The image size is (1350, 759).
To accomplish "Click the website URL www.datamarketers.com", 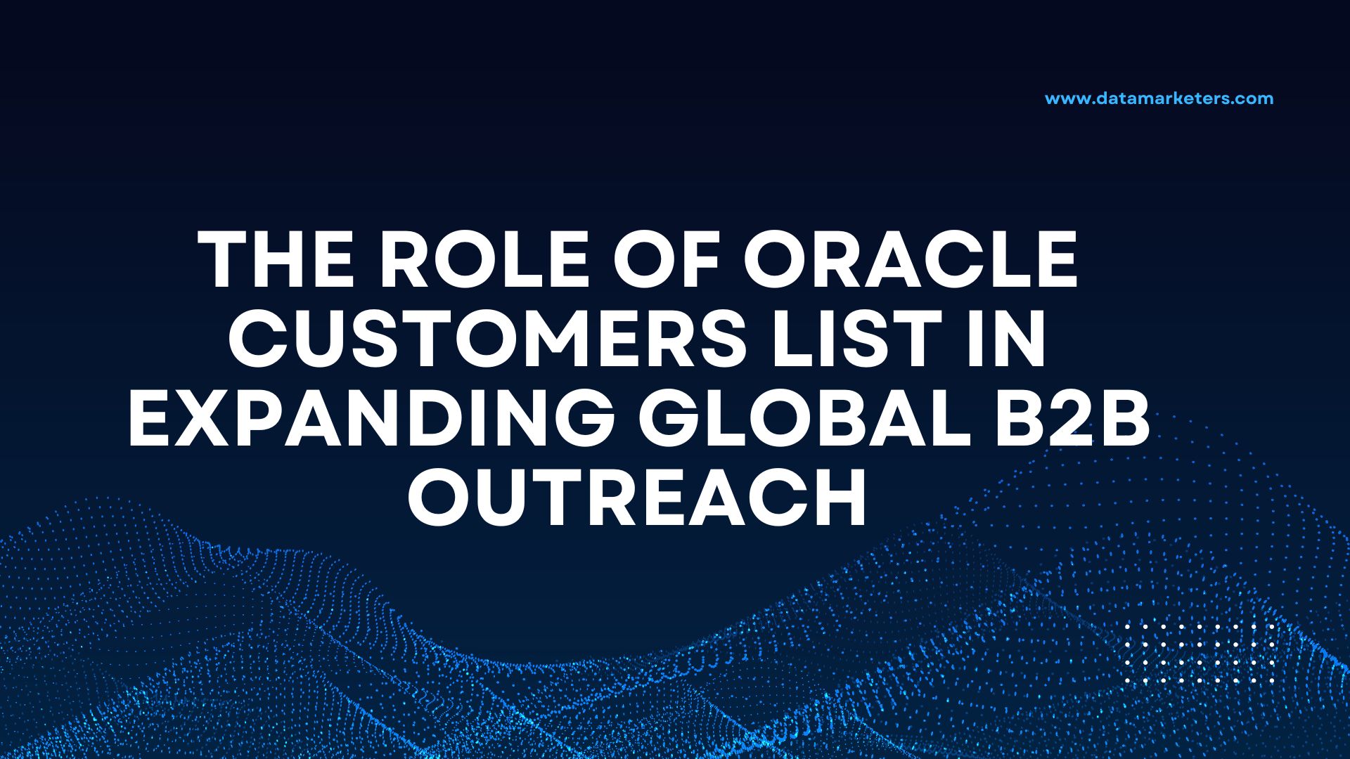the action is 1159,98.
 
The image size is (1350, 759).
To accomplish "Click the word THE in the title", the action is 277,260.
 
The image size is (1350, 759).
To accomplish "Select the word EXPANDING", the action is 371,420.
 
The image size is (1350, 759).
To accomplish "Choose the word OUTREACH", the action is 637,499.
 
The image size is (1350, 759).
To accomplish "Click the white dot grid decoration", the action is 1199,654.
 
